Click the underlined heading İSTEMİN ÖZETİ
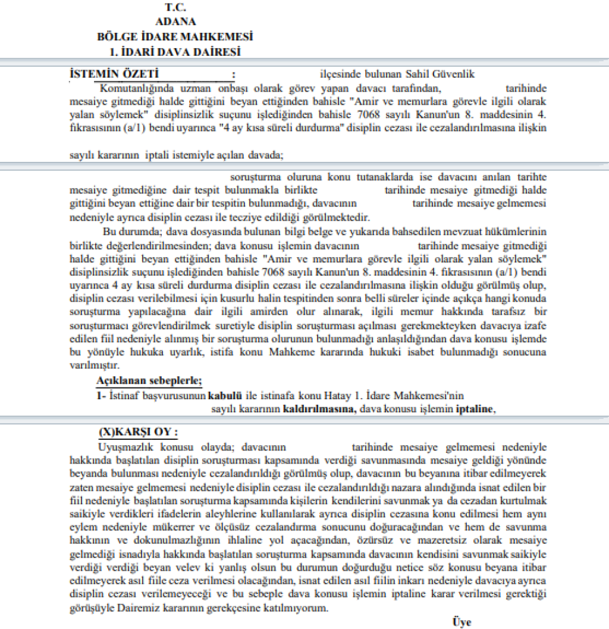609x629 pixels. [114, 74]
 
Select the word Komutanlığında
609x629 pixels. [130, 88]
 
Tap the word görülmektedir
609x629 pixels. [341, 217]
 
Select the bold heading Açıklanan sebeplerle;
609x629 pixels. [149, 380]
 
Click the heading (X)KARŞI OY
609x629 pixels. [138, 432]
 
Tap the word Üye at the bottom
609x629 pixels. [462, 622]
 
